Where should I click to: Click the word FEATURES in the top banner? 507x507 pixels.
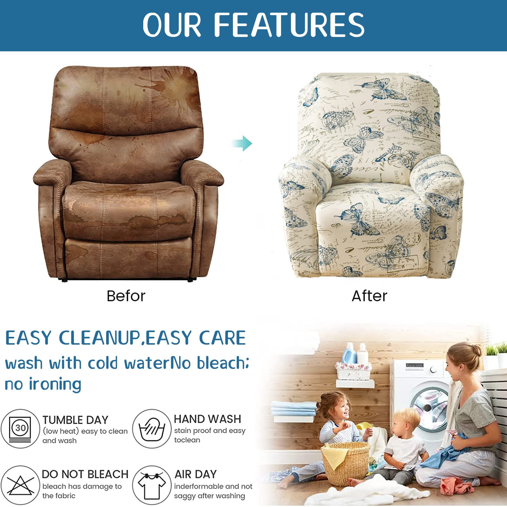pyautogui.click(x=289, y=24)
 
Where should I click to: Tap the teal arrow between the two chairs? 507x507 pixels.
pyautogui.click(x=242, y=143)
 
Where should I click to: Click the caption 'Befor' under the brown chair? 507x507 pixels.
pyautogui.click(x=126, y=296)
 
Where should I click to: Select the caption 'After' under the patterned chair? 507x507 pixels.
pyautogui.click(x=369, y=296)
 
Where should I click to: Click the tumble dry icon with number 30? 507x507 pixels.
pyautogui.click(x=20, y=428)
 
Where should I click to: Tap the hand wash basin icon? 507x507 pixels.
pyautogui.click(x=152, y=428)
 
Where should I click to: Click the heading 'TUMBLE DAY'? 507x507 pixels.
pyautogui.click(x=75, y=420)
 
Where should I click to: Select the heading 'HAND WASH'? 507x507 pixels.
pyautogui.click(x=208, y=419)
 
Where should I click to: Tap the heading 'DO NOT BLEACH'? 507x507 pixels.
pyautogui.click(x=85, y=474)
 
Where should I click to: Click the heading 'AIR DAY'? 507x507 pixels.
pyautogui.click(x=196, y=474)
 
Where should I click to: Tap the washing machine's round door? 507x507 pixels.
pyautogui.click(x=429, y=409)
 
